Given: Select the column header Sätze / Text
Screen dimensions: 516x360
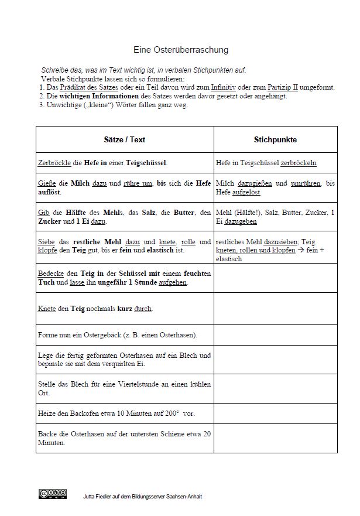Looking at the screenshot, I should coord(125,140).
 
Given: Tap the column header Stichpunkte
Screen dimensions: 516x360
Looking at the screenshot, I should coord(275,140).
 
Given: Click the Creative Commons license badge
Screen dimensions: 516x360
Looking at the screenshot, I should coord(52,494).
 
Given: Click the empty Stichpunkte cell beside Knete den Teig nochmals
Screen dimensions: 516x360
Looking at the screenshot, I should coord(275,308).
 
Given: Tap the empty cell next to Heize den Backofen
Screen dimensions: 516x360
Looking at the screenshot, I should coord(275,414).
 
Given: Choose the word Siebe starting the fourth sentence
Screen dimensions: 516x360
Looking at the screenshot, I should coord(46,241).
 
